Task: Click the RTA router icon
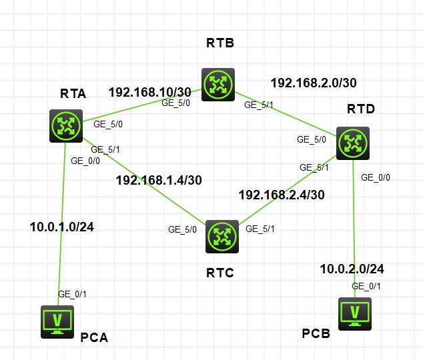65,125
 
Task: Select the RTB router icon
218,84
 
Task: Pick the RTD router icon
352,143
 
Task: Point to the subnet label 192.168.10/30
150,92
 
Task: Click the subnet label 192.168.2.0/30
313,83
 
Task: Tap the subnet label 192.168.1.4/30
158,179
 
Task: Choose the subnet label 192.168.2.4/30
282,195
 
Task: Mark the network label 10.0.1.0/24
61,227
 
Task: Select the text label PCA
94,337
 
